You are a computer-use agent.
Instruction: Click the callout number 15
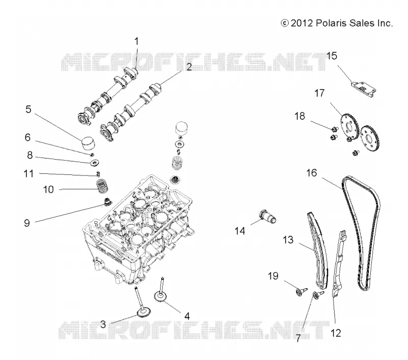point(331,56)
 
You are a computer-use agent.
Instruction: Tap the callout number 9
point(27,223)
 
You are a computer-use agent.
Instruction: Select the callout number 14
point(240,230)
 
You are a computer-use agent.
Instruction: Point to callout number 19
point(273,276)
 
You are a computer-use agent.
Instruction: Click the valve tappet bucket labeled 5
point(87,142)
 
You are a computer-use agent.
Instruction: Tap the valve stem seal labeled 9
point(107,202)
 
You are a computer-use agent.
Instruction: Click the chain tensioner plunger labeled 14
point(267,216)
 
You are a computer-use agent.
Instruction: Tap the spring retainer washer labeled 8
point(94,163)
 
